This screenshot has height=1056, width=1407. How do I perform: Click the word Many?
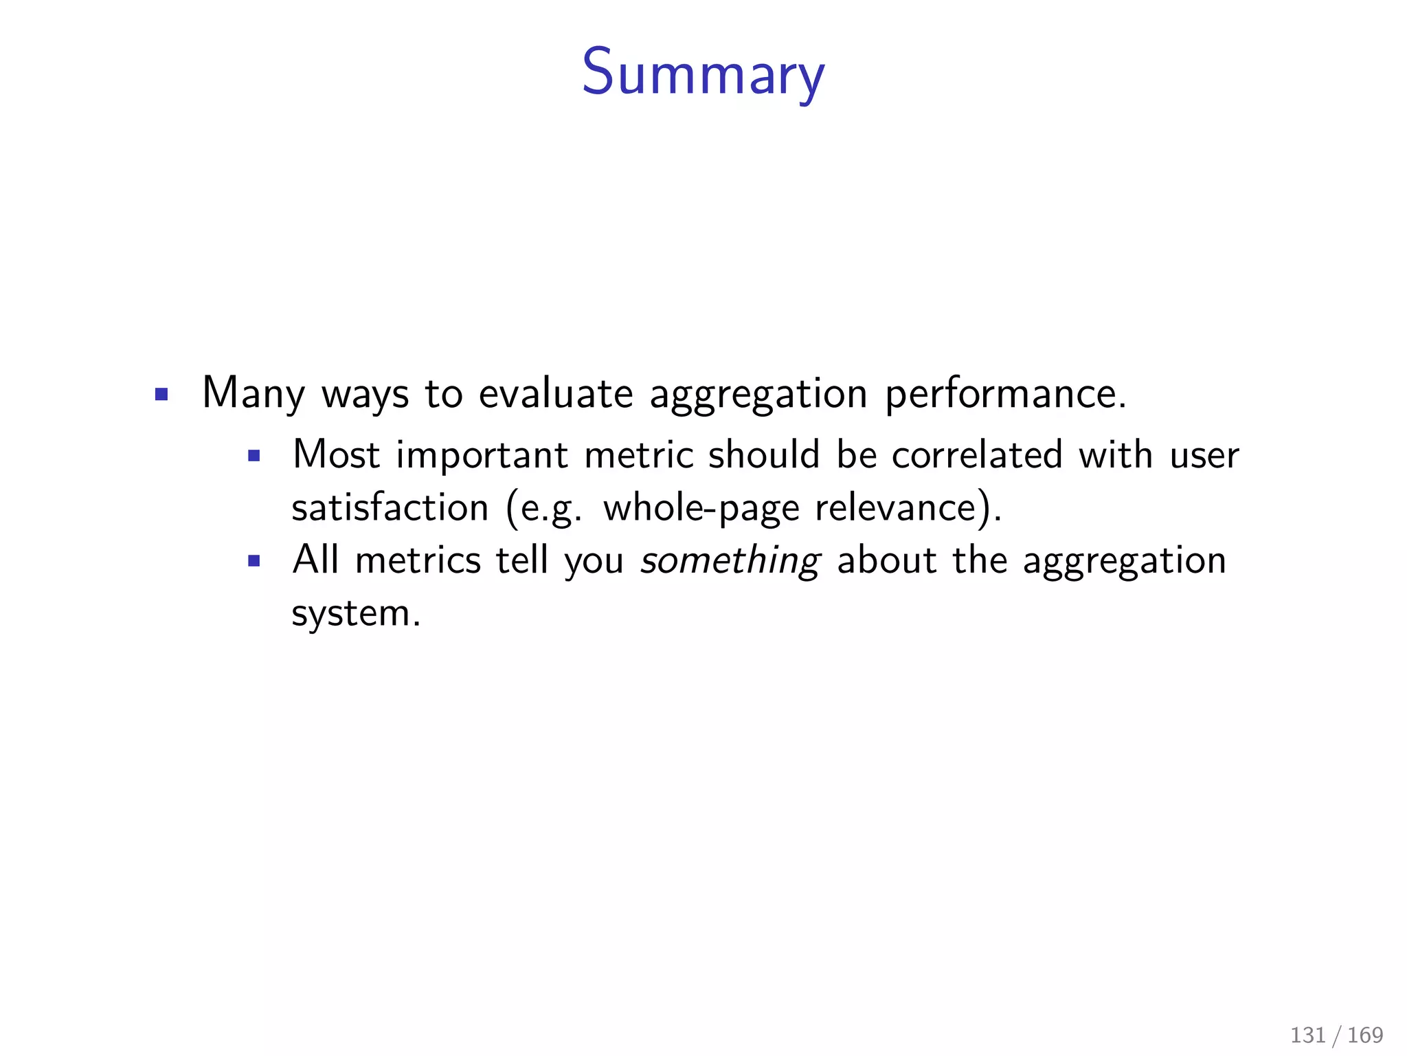(x=253, y=394)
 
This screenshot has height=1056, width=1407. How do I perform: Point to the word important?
(x=482, y=455)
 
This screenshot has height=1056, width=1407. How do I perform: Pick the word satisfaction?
(x=390, y=508)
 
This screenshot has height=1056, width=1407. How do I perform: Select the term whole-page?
(x=701, y=509)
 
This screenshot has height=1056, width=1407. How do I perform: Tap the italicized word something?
(x=730, y=561)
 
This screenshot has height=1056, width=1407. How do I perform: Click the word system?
(x=355, y=614)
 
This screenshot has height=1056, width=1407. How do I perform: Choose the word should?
(x=764, y=455)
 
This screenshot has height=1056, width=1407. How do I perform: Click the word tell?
(x=522, y=560)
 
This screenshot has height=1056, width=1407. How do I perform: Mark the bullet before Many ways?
(x=161, y=395)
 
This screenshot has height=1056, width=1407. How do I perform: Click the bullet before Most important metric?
(x=254, y=455)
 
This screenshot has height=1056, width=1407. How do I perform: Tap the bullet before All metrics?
(x=254, y=561)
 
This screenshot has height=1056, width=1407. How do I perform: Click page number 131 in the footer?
(x=1307, y=1035)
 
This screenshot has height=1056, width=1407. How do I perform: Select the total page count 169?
(x=1365, y=1035)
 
